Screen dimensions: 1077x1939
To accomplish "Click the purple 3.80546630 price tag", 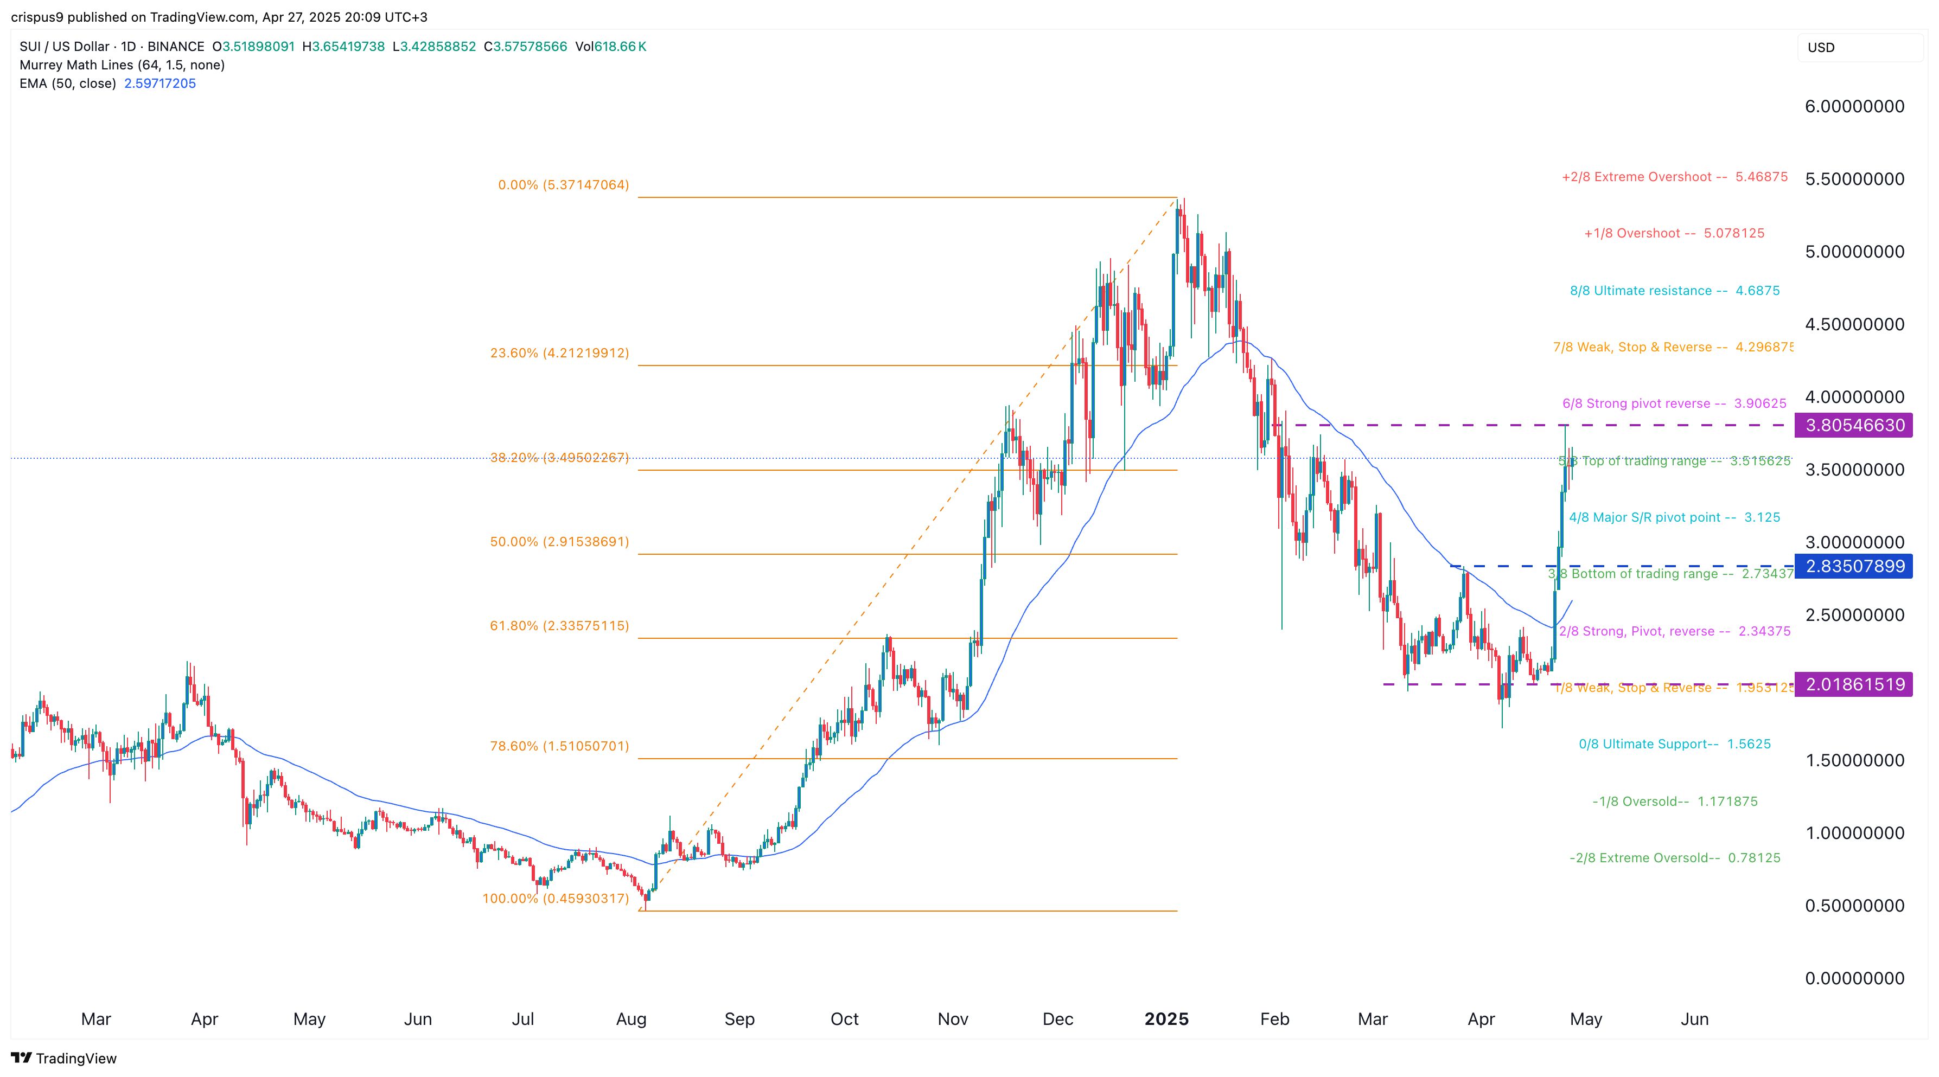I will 1854,425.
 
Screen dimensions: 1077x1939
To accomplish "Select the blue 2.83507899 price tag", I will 1854,566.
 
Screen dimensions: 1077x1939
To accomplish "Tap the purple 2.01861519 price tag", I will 1854,684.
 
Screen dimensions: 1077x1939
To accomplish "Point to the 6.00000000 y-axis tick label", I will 1854,106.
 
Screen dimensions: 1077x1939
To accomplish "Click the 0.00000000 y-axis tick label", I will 1854,978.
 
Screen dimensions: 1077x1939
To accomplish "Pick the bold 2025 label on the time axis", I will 1166,1019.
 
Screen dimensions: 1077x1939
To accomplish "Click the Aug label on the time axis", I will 631,1019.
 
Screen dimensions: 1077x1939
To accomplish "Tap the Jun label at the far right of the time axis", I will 1694,1019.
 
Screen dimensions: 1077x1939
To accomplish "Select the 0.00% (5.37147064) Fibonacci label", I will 563,184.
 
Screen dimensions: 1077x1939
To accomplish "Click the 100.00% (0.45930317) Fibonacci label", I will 556,898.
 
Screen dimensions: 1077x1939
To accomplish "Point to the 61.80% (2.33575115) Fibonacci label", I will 559,625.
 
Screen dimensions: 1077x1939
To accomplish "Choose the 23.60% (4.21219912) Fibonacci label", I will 559,352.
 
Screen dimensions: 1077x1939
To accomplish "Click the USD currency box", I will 1859,47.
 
